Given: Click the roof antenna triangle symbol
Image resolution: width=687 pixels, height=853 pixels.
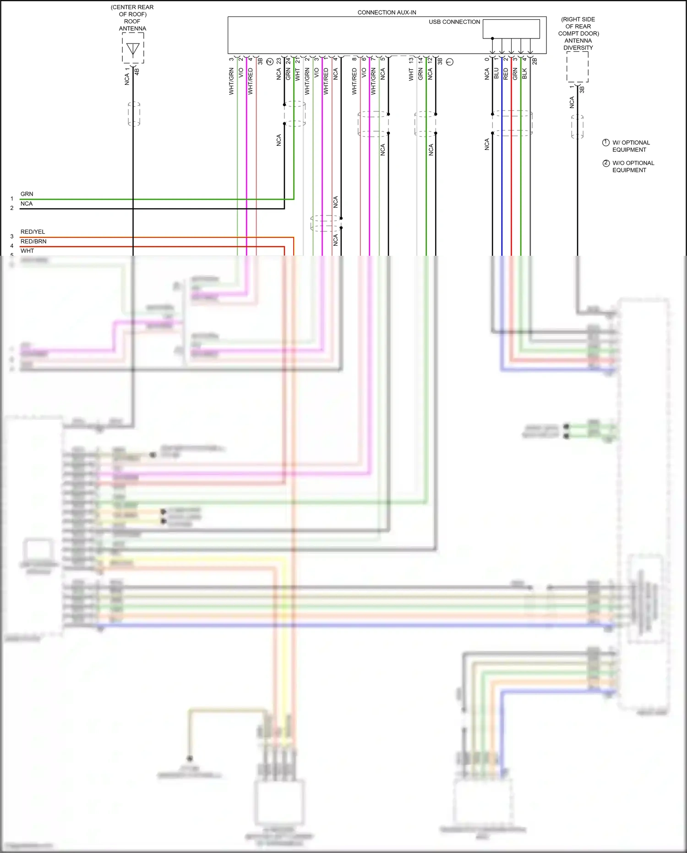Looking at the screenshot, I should tap(133, 49).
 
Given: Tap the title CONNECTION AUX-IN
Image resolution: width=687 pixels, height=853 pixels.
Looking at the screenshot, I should tap(387, 12).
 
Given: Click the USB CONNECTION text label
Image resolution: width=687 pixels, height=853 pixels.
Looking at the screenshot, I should tap(454, 22).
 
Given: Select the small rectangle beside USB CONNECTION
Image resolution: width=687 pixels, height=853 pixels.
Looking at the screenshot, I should tap(511, 29).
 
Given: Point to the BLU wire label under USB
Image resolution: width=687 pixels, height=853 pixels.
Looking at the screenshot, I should tap(496, 74).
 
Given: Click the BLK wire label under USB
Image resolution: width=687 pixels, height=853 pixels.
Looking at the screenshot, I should tap(525, 74).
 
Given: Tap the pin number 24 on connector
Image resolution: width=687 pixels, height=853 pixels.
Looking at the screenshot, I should tap(288, 61).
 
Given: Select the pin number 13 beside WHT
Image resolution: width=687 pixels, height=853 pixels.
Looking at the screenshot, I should tap(411, 60).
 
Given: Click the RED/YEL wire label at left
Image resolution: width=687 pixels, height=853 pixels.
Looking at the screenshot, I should tap(33, 232).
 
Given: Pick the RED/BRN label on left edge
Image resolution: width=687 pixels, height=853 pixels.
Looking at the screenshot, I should tap(33, 242).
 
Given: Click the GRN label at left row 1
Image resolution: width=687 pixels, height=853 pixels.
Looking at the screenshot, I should tap(27, 194).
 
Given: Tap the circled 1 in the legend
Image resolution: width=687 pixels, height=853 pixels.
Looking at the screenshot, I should tap(605, 143).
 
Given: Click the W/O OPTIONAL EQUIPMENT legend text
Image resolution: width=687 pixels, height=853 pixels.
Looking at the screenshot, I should tap(633, 166).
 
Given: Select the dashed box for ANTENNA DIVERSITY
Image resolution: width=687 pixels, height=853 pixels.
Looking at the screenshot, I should tap(577, 67).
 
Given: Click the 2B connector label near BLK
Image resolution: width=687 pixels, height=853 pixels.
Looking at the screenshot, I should tap(534, 61).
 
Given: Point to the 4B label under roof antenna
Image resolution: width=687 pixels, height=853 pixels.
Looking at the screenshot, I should tap(136, 72).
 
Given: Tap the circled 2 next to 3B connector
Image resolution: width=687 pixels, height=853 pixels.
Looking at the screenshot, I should tap(270, 61).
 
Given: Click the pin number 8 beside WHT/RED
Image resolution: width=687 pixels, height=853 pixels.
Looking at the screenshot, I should tap(354, 59).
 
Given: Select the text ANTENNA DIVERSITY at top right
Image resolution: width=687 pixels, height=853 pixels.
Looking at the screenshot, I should tap(578, 44).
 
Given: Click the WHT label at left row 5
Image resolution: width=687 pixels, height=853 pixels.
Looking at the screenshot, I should tap(27, 251).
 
